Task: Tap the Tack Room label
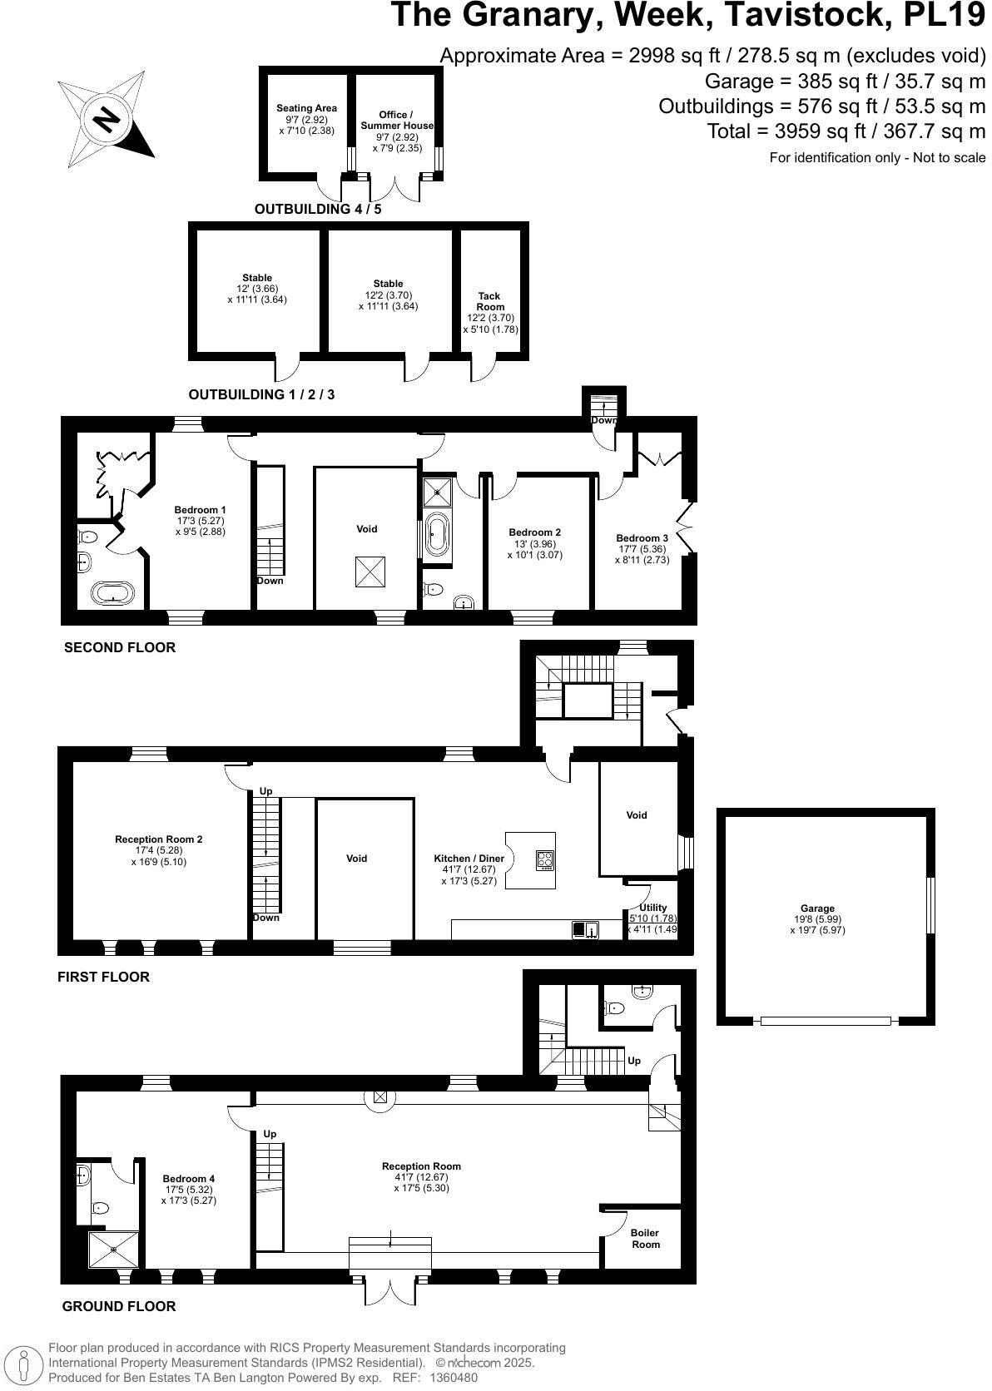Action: pos(489,301)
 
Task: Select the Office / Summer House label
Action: pos(396,120)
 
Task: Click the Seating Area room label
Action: pos(306,108)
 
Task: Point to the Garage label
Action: pos(817,908)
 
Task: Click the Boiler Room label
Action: pos(645,1239)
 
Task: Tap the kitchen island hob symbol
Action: pos(545,860)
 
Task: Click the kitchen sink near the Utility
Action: pos(585,929)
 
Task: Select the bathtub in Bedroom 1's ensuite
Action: pos(112,594)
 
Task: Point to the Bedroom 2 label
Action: pos(534,532)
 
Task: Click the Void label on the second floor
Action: pos(366,529)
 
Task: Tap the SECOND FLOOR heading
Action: pos(120,647)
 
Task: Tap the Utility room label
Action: pos(652,908)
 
